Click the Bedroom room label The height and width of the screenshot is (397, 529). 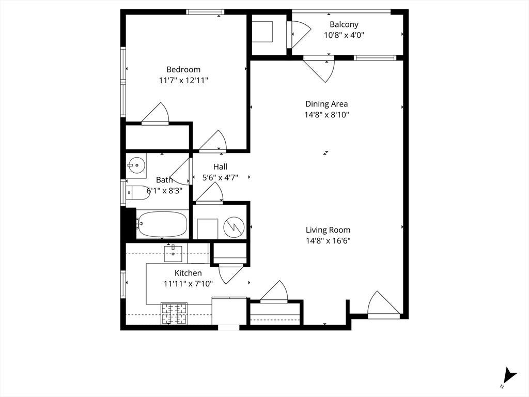pos(183,70)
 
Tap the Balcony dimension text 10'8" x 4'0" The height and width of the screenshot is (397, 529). pos(344,35)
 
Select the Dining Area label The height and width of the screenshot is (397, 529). pos(326,104)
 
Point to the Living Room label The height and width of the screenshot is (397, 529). pos(328,230)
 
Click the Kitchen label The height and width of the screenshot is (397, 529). pos(188,273)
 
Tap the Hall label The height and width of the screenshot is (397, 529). pos(220,167)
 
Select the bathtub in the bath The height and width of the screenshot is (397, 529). pos(163,224)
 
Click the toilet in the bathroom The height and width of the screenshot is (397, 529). pos(138,193)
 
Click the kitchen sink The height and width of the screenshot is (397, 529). pos(173,254)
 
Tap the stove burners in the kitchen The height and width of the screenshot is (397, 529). pos(174,314)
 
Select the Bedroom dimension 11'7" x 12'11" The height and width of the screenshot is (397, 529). pos(183,81)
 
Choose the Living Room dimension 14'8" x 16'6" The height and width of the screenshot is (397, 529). pos(328,241)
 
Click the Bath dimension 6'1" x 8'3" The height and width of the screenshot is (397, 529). pos(164,191)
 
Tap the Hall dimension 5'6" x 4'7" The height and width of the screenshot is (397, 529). pos(220,178)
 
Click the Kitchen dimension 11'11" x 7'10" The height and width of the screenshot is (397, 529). pos(188,284)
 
